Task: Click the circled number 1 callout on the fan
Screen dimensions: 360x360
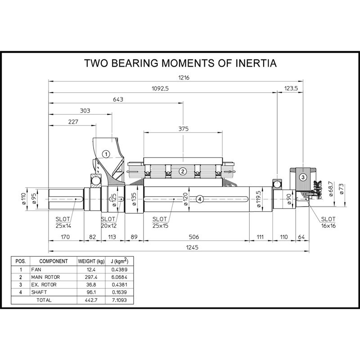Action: [106, 154]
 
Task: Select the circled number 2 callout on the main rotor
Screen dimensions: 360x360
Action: [183, 171]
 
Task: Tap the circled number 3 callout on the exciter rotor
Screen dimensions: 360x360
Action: [303, 177]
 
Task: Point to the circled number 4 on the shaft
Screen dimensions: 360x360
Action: [200, 199]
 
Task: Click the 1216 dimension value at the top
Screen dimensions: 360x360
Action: [184, 77]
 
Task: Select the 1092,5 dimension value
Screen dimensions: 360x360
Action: [160, 88]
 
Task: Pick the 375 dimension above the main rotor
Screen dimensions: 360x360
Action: [184, 129]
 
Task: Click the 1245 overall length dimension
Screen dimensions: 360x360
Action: [192, 247]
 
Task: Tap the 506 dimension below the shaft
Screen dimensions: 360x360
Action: [193, 237]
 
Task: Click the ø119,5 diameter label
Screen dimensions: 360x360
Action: [258, 199]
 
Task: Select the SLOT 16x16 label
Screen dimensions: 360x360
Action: [328, 222]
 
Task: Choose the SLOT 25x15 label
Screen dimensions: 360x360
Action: [160, 222]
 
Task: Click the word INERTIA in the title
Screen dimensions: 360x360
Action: [256, 63]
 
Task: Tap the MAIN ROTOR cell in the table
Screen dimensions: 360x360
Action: [45, 277]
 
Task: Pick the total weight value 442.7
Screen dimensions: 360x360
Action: [91, 300]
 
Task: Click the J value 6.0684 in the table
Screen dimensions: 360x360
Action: [119, 277]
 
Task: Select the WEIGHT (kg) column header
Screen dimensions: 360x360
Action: [91, 261]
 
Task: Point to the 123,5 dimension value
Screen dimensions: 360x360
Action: [291, 88]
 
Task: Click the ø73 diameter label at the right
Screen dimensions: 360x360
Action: [341, 189]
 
